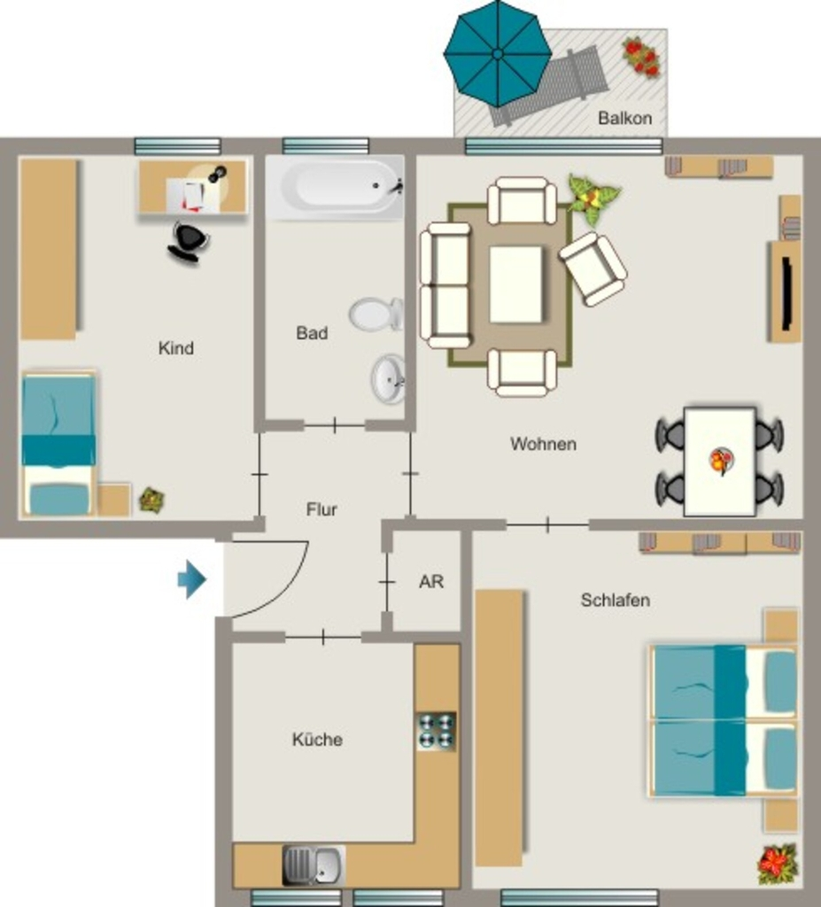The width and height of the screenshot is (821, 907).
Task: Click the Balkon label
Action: (x=625, y=118)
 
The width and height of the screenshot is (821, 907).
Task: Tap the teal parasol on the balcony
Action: (x=498, y=53)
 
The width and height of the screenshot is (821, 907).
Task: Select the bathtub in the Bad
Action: (x=335, y=187)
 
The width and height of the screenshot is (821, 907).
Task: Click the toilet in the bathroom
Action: (x=376, y=314)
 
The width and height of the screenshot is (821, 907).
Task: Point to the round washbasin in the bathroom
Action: (x=388, y=379)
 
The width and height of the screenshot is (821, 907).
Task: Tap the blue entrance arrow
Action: (x=192, y=579)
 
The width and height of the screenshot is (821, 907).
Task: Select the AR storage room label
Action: (x=431, y=581)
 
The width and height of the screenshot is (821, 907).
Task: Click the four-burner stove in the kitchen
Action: (x=437, y=731)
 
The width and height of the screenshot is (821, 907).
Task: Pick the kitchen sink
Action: (x=314, y=865)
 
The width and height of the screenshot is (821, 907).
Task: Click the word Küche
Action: (x=317, y=740)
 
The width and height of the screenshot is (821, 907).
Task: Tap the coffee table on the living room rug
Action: (x=516, y=284)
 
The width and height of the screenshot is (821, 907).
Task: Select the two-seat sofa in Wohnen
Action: (x=445, y=286)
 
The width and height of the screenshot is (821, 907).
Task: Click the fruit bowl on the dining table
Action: (x=722, y=461)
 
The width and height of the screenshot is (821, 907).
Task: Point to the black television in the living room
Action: (x=786, y=293)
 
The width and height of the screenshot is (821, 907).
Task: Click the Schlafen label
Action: (x=615, y=600)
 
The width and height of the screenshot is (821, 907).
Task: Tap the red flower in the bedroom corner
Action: (x=778, y=864)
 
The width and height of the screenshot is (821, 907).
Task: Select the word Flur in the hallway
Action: (x=321, y=509)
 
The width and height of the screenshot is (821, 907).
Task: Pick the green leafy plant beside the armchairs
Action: (x=593, y=198)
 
